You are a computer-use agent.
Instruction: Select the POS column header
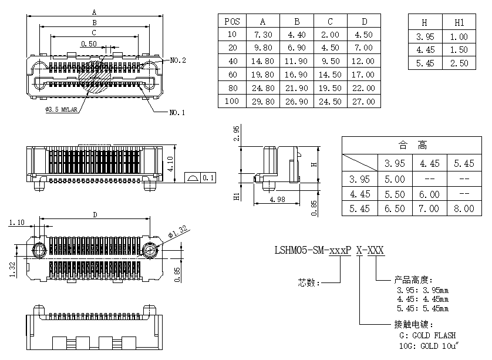(232, 21)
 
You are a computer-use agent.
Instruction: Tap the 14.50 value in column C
(330, 75)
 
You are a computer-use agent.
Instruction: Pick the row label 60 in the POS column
(232, 75)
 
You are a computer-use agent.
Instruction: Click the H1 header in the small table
(459, 23)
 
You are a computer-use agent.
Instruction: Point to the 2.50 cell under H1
(459, 63)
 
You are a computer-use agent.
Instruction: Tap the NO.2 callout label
(178, 60)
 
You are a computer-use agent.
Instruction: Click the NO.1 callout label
(177, 112)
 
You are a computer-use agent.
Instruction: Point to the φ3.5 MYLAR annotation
(62, 109)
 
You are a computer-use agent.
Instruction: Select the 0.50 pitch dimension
(89, 44)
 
